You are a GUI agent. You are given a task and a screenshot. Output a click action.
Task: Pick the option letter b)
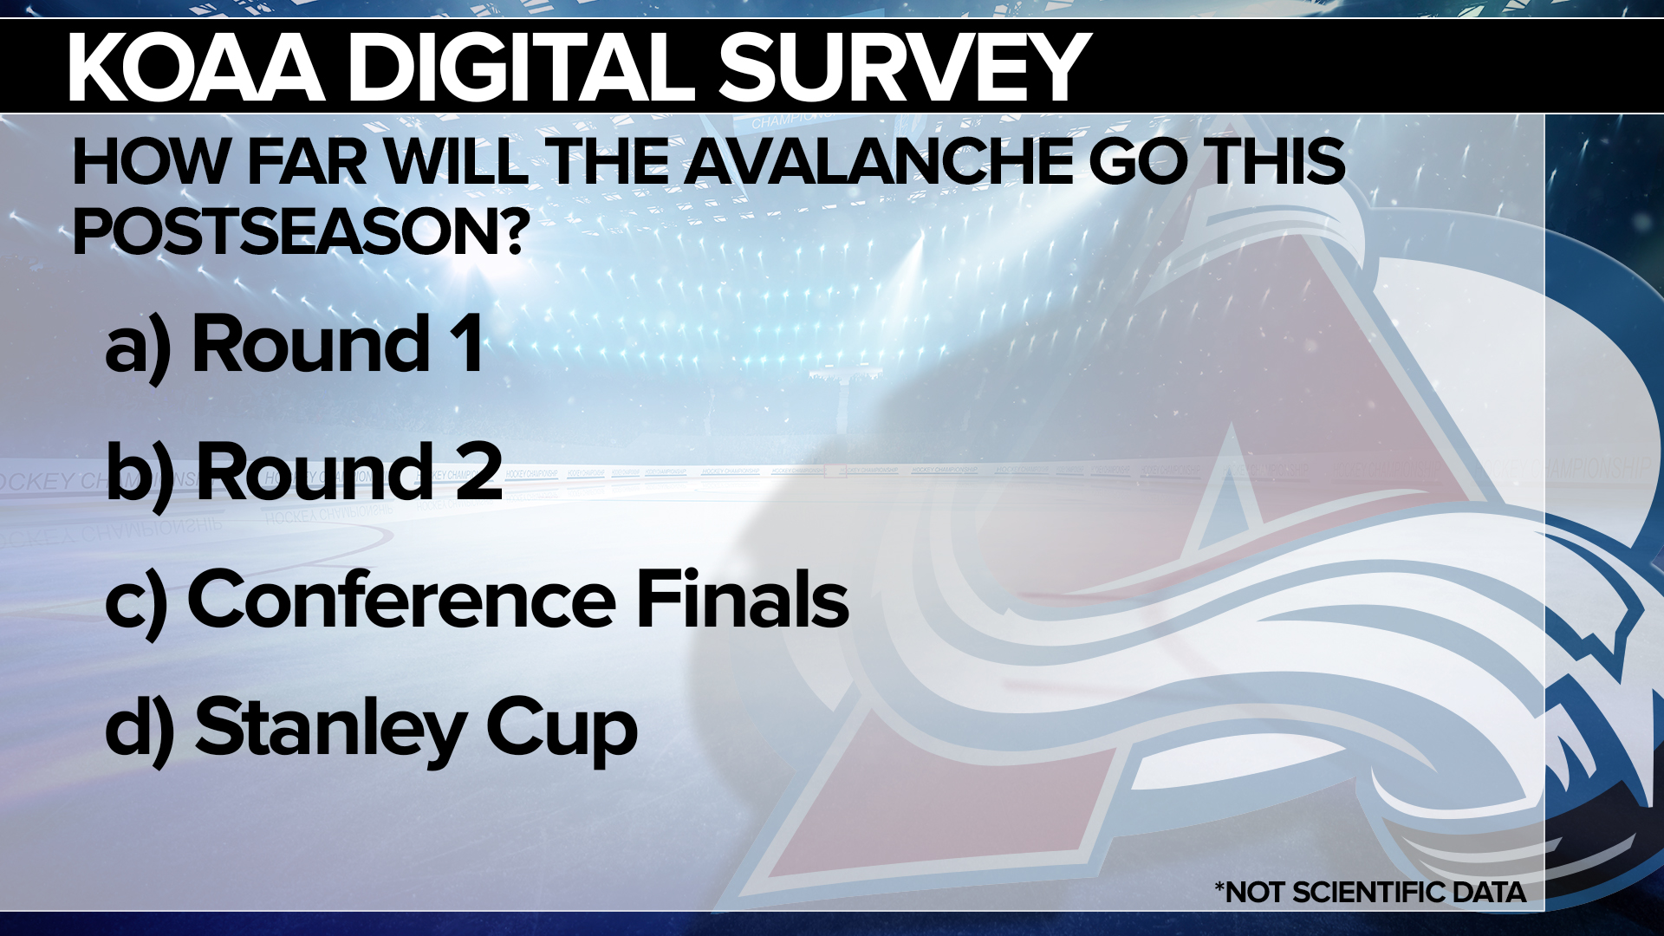(x=140, y=472)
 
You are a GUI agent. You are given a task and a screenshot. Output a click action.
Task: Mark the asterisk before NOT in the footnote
(x=1220, y=887)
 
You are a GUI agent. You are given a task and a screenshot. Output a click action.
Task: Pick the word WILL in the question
(x=456, y=162)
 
